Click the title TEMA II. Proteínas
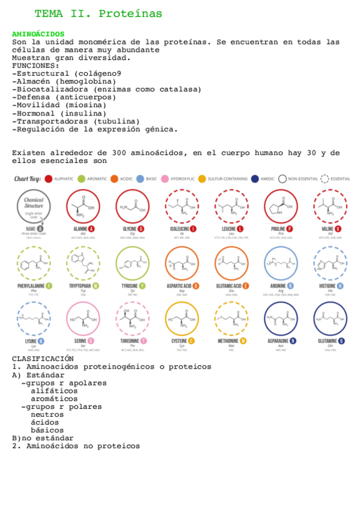click(x=99, y=14)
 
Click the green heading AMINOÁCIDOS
click(x=38, y=34)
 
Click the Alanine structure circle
click(x=84, y=206)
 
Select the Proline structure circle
click(x=281, y=206)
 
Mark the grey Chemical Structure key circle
click(x=34, y=206)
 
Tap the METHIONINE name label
click(x=228, y=341)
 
